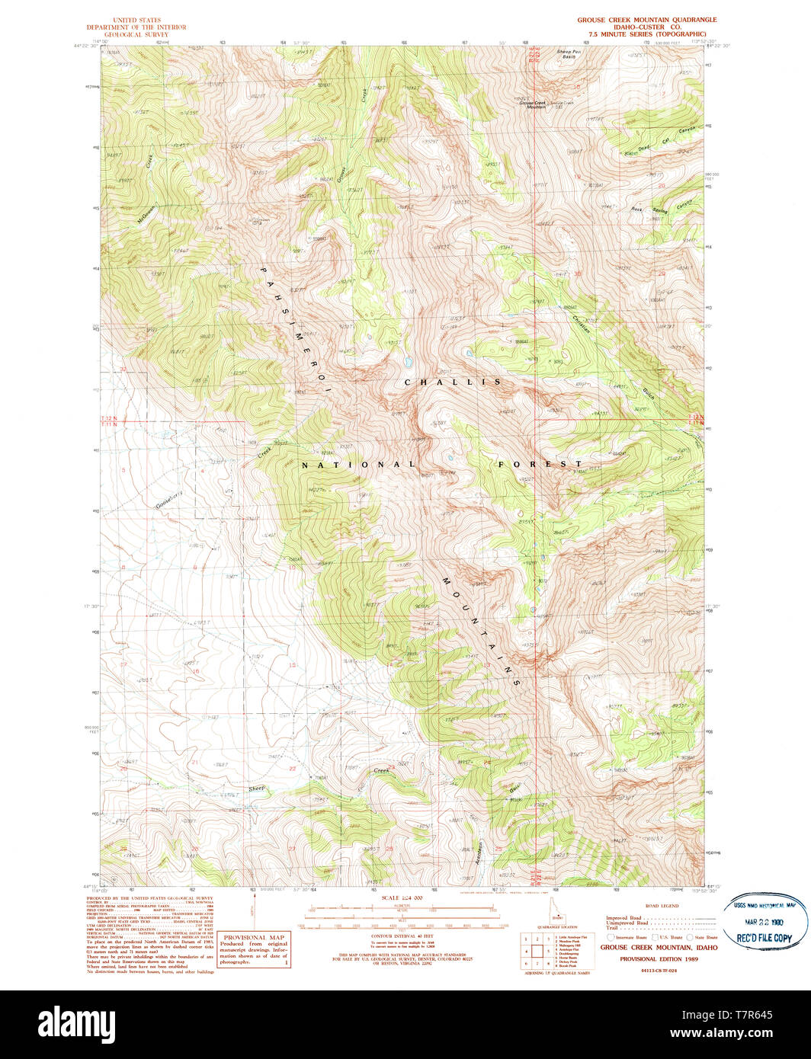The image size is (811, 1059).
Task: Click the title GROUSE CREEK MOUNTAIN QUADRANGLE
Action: (x=646, y=20)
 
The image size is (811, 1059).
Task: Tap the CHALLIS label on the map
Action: (x=453, y=382)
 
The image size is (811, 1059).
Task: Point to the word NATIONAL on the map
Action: (x=357, y=465)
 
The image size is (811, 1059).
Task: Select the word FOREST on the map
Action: (x=540, y=464)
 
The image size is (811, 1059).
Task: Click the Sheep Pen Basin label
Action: (x=568, y=54)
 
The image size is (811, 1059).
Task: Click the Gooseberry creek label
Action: (x=171, y=499)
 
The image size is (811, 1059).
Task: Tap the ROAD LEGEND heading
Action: (x=661, y=906)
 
